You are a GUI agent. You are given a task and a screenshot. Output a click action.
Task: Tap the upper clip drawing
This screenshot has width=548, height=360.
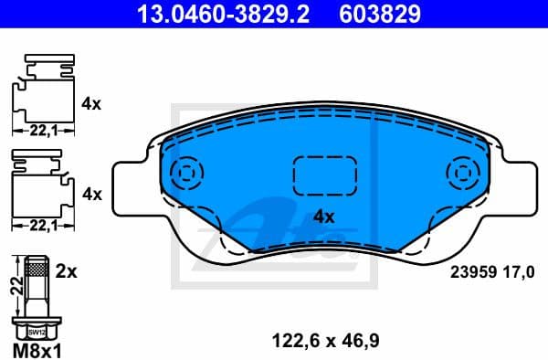click(41, 91)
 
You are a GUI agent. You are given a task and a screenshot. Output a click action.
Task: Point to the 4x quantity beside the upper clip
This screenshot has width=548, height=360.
click(90, 104)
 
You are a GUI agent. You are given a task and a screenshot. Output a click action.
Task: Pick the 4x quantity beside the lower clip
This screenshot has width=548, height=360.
click(90, 194)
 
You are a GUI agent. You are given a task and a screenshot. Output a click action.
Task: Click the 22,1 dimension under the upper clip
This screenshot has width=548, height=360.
click(39, 132)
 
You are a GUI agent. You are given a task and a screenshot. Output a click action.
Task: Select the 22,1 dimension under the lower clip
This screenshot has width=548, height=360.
click(39, 225)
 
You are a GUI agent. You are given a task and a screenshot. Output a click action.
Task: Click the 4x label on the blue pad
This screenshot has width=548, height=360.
click(325, 217)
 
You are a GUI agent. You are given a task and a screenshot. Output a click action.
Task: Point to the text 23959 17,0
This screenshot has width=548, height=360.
click(497, 270)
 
